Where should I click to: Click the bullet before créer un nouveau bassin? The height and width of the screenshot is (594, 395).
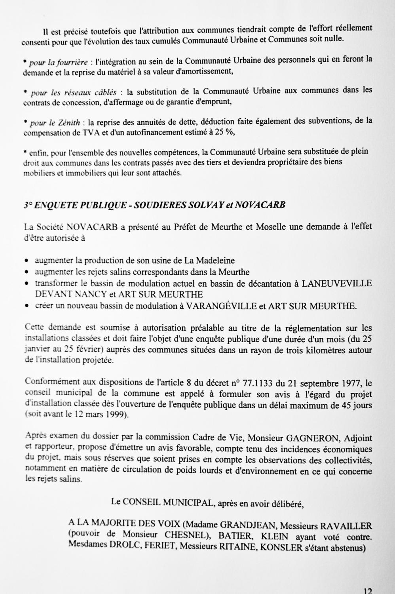pos(26,306)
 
